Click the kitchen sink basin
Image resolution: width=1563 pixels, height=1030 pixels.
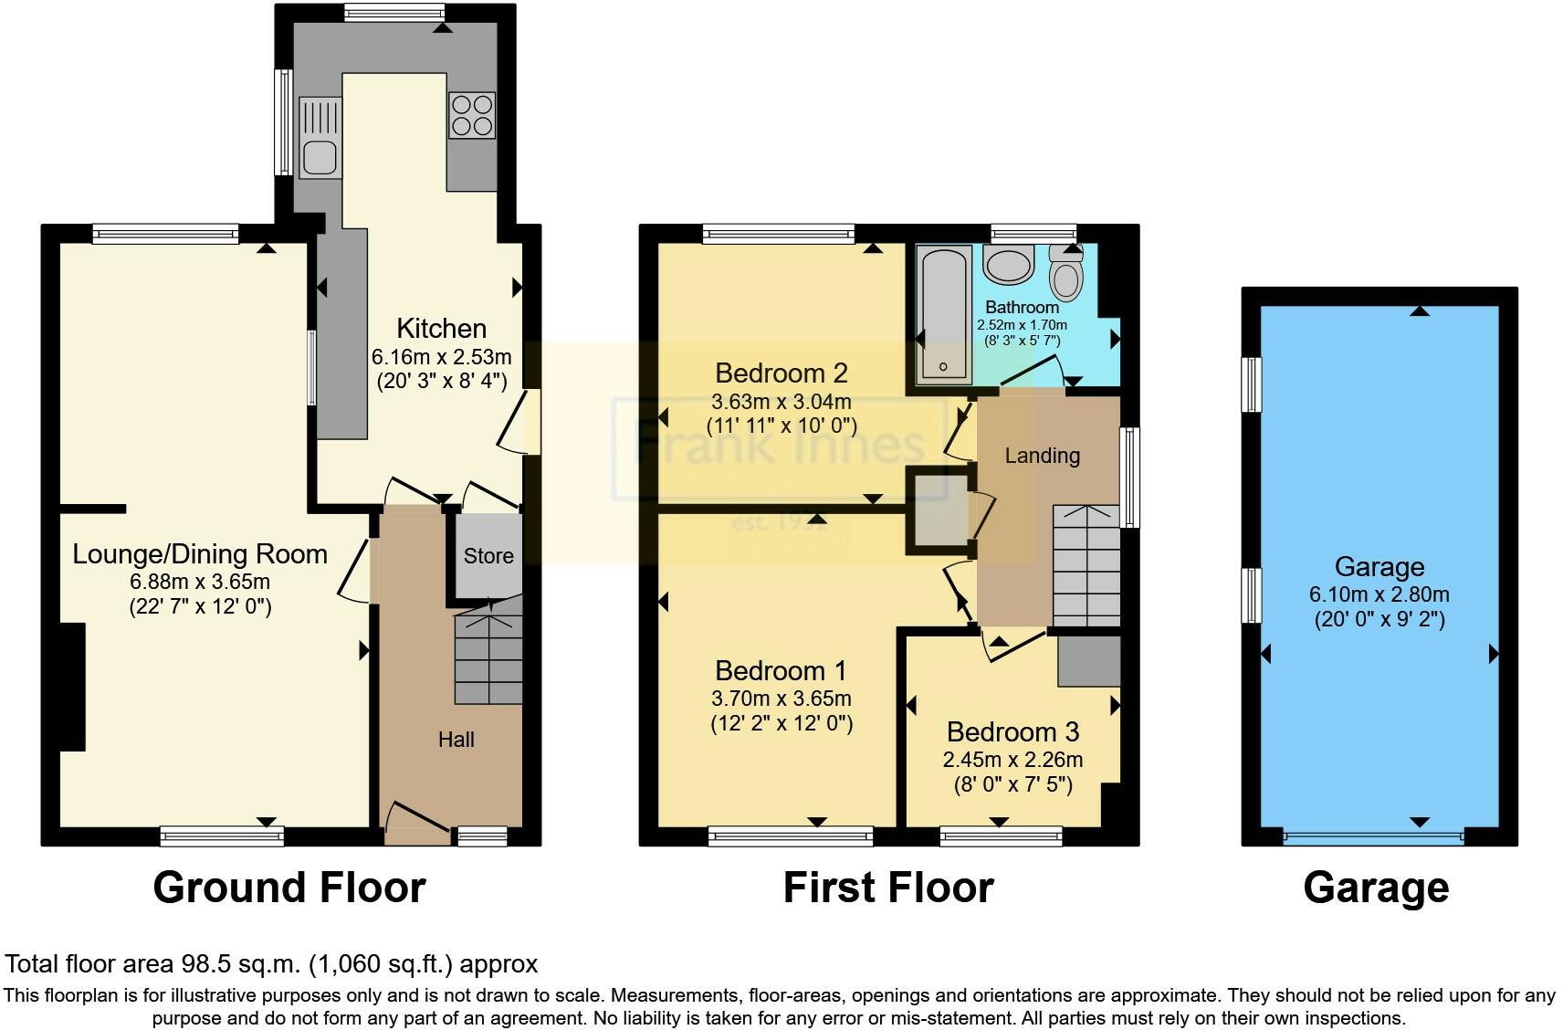(x=320, y=158)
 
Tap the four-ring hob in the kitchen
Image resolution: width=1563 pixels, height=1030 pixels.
(x=472, y=115)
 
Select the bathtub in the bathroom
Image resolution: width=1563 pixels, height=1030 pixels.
(x=943, y=315)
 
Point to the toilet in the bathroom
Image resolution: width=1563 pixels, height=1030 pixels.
(x=1066, y=273)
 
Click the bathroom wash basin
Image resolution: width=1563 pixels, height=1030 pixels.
(x=1008, y=265)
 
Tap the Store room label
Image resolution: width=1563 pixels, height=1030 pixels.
(x=488, y=555)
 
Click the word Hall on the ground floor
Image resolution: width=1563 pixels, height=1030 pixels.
(x=456, y=740)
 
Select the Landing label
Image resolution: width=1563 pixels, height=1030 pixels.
(x=1043, y=456)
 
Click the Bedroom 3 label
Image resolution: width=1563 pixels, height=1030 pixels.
(x=1012, y=732)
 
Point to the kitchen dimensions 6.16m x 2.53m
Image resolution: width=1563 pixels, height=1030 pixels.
(x=442, y=357)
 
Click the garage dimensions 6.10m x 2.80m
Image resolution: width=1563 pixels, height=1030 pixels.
(x=1379, y=594)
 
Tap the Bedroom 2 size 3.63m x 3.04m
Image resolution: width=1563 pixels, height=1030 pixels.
(x=781, y=402)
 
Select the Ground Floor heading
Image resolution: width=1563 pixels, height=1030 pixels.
(x=289, y=888)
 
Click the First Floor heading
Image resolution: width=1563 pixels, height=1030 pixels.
(x=888, y=888)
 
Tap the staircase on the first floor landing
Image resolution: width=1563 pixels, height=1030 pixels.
(x=1086, y=566)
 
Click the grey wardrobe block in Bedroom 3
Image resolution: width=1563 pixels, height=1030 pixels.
(x=1089, y=660)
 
